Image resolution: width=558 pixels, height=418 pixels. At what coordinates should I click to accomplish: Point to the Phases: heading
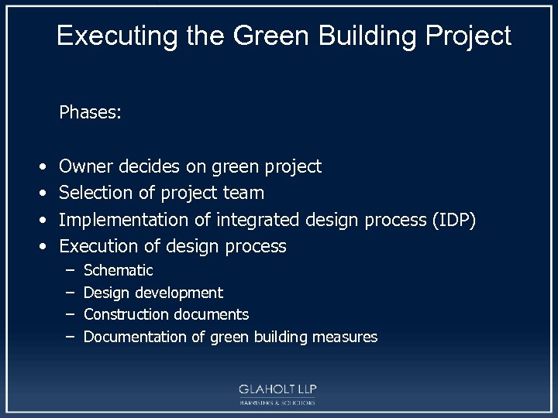click(x=90, y=113)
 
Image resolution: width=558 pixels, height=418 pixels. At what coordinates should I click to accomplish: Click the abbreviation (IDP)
click(x=453, y=220)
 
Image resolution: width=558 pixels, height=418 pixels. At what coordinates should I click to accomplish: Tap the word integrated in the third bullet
click(x=258, y=220)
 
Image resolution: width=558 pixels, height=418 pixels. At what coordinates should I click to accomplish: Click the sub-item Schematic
click(x=118, y=270)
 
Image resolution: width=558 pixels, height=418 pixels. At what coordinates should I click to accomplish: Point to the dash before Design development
click(x=69, y=293)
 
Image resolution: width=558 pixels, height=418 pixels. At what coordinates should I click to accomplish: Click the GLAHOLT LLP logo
click(x=278, y=393)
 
